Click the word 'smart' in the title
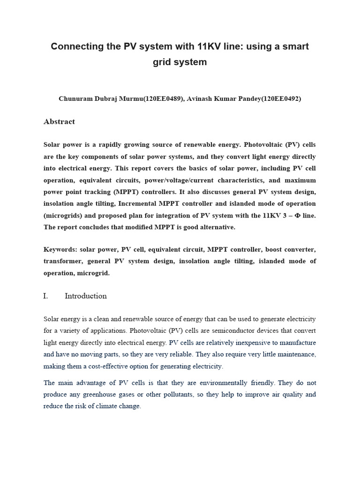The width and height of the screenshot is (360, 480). [295, 46]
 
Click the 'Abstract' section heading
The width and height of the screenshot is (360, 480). [59, 122]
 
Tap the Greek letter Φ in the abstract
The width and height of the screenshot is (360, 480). [297, 215]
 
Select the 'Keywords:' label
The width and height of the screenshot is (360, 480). [60, 249]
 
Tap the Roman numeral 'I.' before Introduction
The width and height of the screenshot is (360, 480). [46, 296]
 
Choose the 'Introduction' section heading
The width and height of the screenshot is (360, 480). [86, 296]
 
